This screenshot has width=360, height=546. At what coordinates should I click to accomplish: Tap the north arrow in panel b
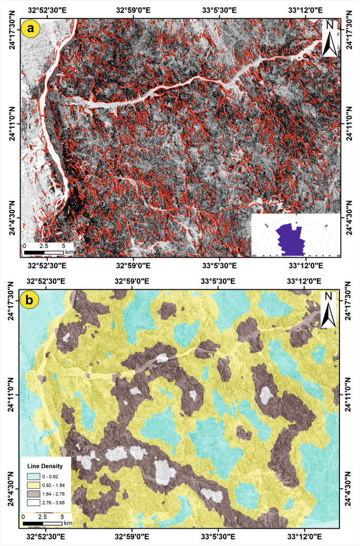pos(329,311)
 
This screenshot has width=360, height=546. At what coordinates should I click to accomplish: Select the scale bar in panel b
pos(44,523)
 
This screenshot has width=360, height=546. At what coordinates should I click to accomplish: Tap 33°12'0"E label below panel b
pos(306,537)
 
